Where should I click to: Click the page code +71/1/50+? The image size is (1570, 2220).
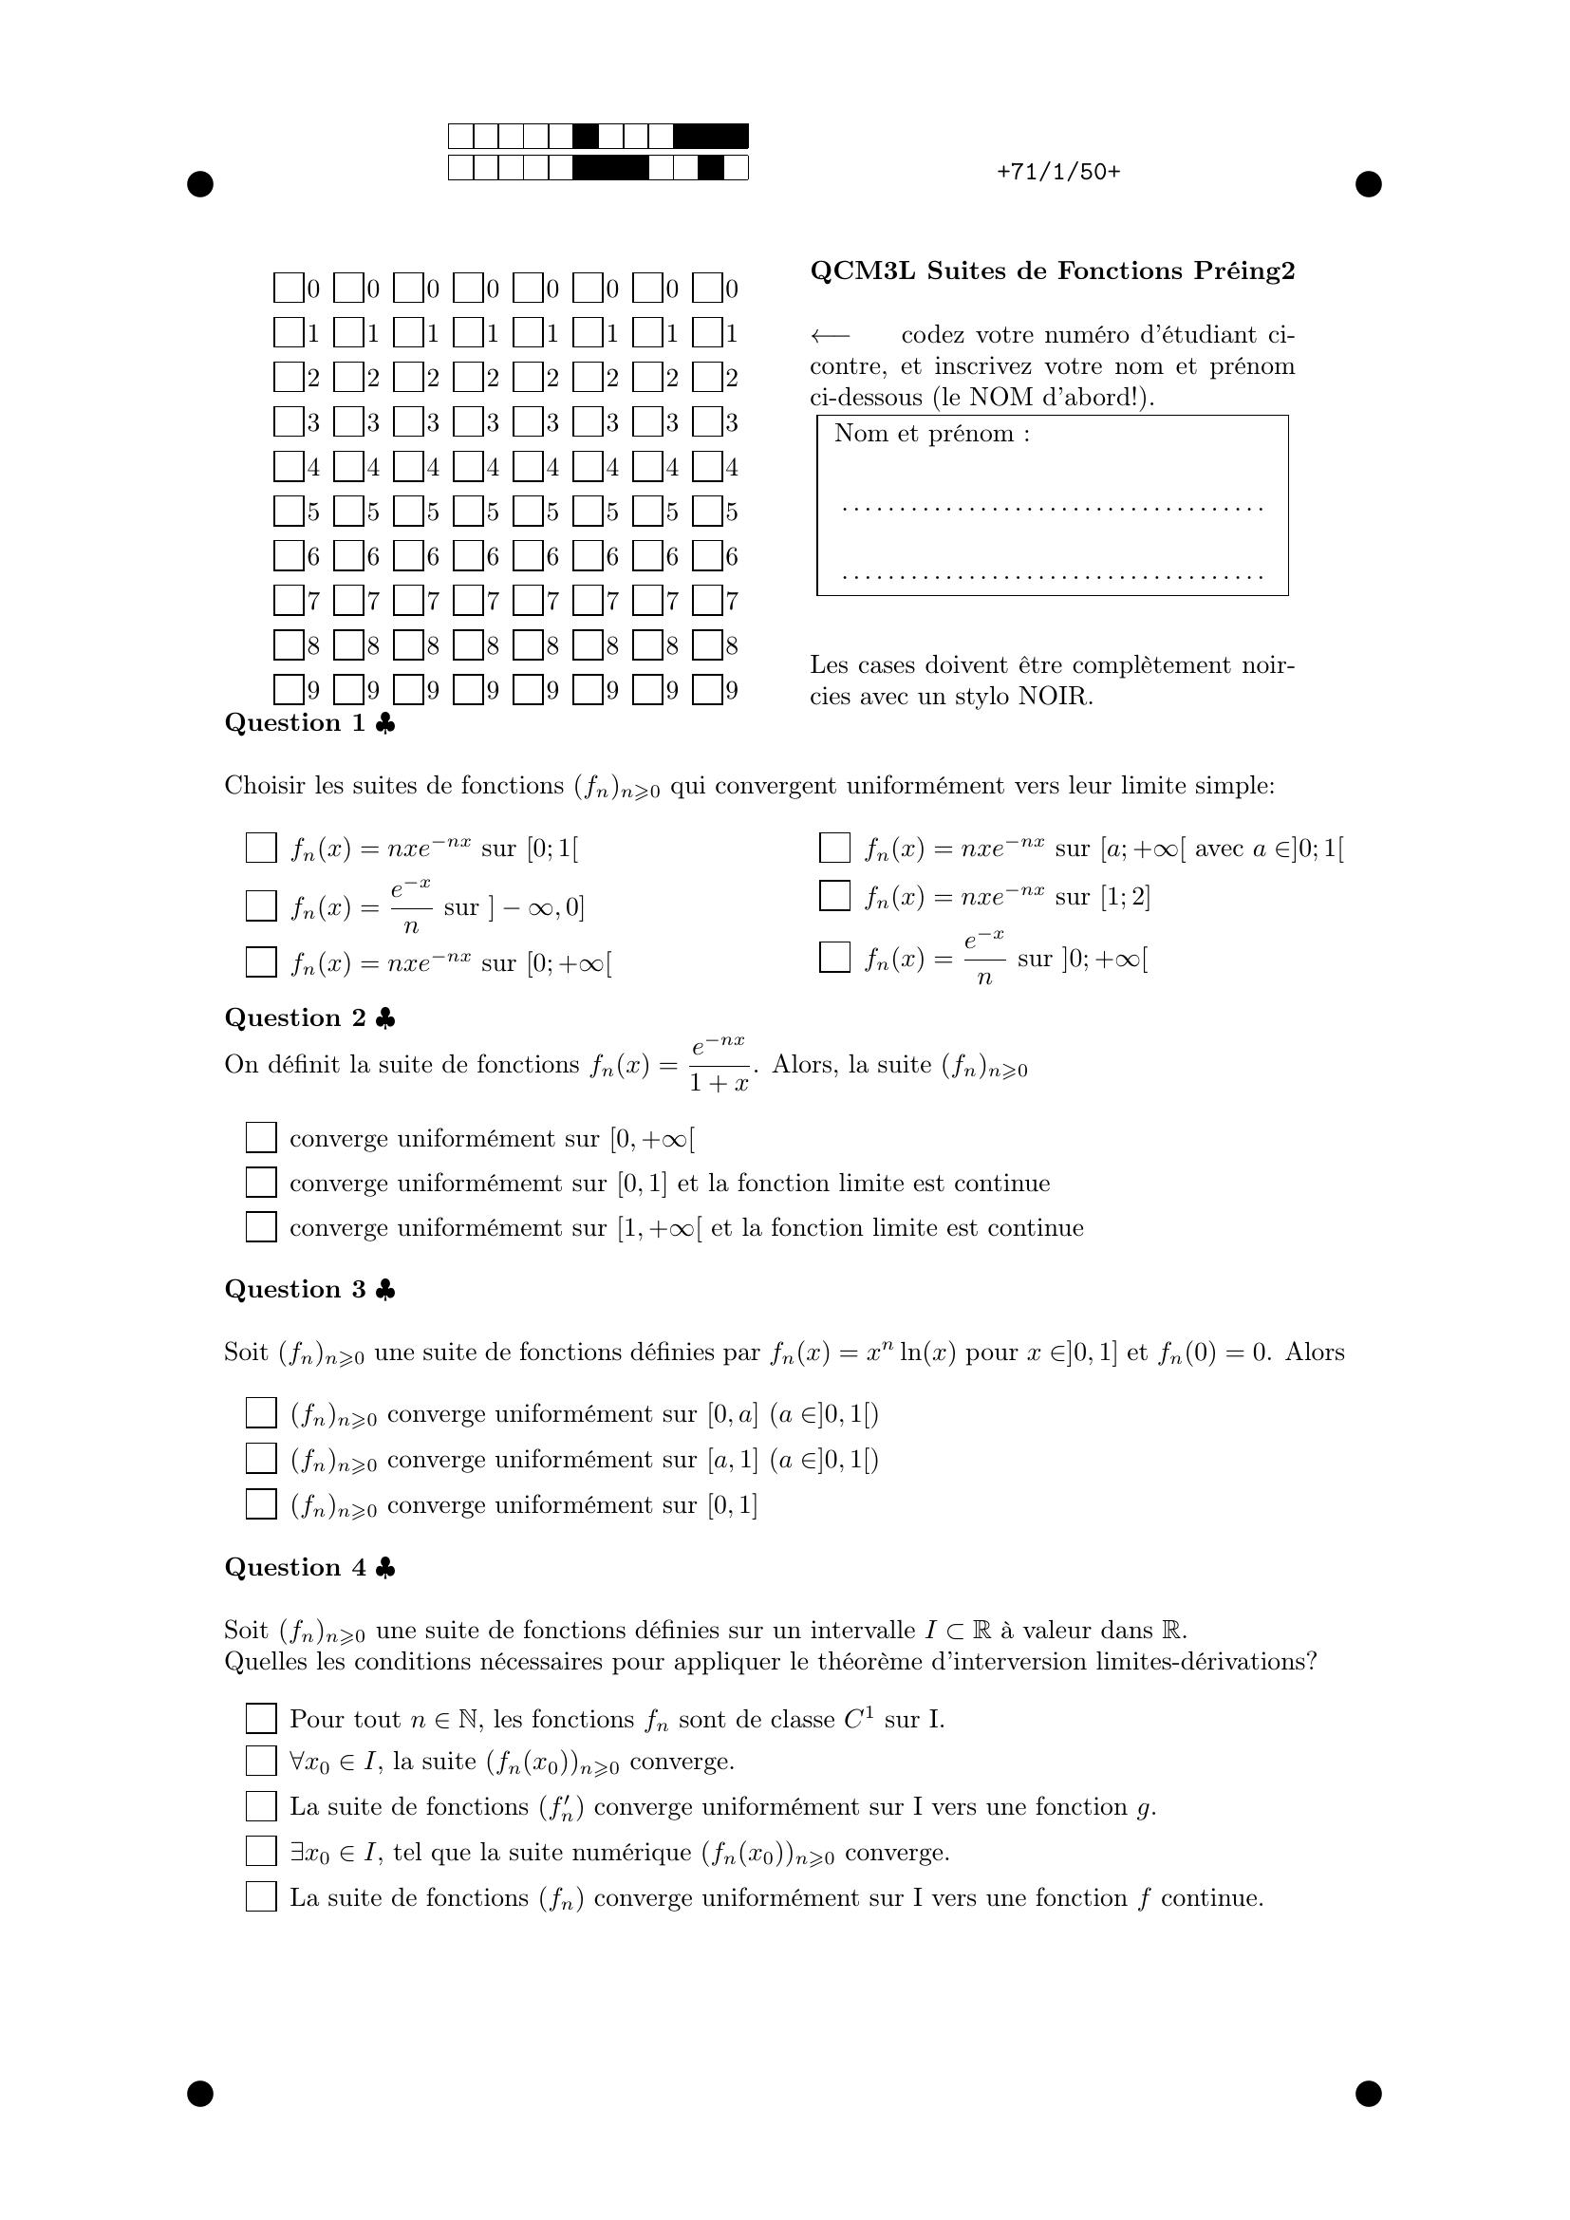pyautogui.click(x=1057, y=172)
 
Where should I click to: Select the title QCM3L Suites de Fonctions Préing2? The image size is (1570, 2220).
pyautogui.click(x=1052, y=271)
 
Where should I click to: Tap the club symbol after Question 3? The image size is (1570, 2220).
pyautogui.click(x=384, y=1290)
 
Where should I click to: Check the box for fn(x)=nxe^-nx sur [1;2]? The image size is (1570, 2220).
pyautogui.click(x=834, y=895)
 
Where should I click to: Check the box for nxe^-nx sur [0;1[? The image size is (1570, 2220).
pyautogui.click(x=261, y=848)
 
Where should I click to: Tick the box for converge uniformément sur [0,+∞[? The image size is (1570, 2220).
pyautogui.click(x=261, y=1138)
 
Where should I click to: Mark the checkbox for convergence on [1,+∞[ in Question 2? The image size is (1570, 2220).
pyautogui.click(x=261, y=1227)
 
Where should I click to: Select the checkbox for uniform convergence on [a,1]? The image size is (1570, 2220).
pyautogui.click(x=261, y=1458)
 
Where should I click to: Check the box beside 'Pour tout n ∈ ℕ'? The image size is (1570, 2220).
pyautogui.click(x=261, y=1718)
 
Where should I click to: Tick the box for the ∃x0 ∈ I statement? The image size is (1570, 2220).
pyautogui.click(x=261, y=1852)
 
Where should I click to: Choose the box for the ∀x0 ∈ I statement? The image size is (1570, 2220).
pyautogui.click(x=261, y=1761)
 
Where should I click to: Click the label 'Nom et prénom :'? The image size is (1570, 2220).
pyautogui.click(x=932, y=433)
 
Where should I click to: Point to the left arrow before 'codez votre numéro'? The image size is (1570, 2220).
pyautogui.click(x=830, y=335)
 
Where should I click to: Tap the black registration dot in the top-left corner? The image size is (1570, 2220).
pyautogui.click(x=200, y=184)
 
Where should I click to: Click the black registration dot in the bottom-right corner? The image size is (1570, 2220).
pyautogui.click(x=1368, y=2094)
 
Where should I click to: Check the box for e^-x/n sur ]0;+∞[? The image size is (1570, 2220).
pyautogui.click(x=834, y=958)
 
